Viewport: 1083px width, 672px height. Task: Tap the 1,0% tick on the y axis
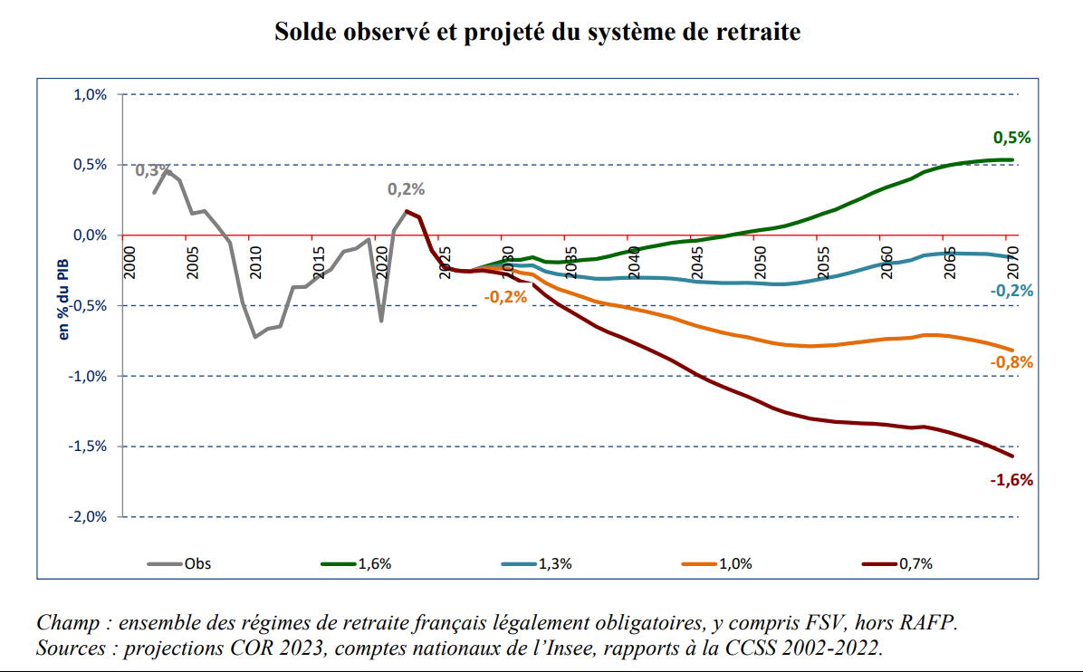click(90, 94)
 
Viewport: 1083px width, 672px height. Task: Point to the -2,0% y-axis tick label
click(88, 516)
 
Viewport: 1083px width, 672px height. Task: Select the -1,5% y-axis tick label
click(88, 446)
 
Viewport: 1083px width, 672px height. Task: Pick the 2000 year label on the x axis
click(129, 262)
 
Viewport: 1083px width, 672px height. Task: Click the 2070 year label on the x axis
click(1012, 262)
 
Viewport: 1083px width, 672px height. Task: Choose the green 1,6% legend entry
click(374, 563)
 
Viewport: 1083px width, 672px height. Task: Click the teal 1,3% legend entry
click(554, 563)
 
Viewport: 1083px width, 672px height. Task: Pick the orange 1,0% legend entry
click(734, 563)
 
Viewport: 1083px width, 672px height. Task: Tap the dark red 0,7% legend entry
click(915, 563)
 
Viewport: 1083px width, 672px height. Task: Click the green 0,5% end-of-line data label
click(1012, 138)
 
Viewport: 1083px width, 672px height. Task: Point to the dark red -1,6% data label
click(1011, 480)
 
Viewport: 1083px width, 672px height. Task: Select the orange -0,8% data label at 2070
click(1011, 362)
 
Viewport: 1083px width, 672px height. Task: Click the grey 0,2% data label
click(406, 189)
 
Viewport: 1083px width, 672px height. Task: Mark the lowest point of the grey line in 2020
click(381, 321)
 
